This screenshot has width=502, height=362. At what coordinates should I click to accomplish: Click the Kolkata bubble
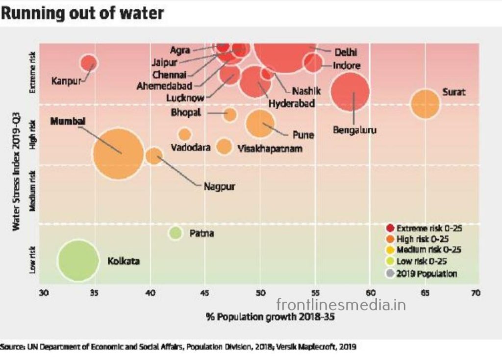[x=77, y=260]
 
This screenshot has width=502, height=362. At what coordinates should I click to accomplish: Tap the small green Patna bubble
[x=176, y=233]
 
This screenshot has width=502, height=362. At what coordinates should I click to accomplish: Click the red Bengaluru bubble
[x=350, y=92]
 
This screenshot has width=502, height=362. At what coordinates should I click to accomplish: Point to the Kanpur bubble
[x=89, y=63]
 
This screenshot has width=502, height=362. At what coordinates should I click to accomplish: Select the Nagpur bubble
[x=154, y=156]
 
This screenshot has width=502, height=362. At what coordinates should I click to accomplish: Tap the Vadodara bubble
[x=185, y=134]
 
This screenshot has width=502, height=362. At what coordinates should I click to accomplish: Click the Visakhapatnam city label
[x=270, y=148]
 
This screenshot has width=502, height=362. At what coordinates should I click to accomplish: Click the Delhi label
[x=346, y=52]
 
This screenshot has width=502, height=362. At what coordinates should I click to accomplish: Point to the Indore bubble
[x=313, y=63]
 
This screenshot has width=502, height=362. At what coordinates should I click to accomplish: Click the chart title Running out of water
[x=82, y=13]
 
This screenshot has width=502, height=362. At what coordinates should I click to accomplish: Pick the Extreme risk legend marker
[x=390, y=228]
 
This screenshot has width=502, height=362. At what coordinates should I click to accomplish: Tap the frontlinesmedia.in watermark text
[x=341, y=305]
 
